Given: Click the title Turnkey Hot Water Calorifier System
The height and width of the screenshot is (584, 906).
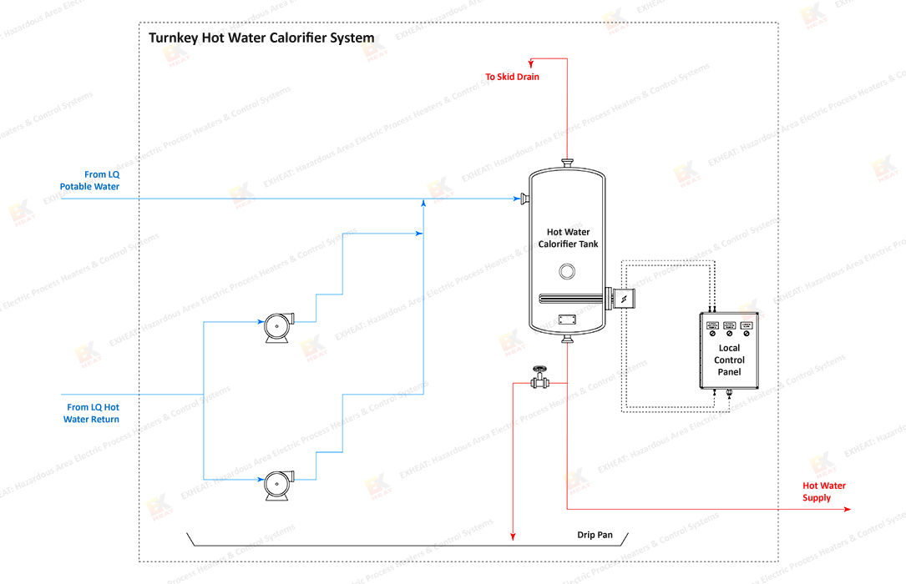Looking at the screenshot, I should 261,38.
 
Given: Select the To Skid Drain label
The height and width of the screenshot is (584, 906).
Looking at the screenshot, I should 512,77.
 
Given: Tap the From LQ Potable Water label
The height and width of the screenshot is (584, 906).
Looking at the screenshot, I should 89,181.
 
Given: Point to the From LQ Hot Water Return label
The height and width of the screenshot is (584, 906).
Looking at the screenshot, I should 92,413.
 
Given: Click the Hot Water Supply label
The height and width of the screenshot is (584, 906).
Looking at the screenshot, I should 824,491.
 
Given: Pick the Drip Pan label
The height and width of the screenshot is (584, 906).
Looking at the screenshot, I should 595,535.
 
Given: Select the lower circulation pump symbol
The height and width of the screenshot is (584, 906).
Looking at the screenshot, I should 278,485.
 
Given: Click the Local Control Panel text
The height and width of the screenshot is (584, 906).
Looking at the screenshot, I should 729,360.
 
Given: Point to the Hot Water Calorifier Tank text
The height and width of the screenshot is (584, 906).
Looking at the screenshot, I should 568,238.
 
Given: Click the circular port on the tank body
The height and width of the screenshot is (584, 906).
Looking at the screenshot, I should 568,270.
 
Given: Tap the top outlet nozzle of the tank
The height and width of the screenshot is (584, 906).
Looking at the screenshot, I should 568,163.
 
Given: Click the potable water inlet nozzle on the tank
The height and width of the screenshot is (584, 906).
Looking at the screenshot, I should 524,199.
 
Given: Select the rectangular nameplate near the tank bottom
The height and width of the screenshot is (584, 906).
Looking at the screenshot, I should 568,319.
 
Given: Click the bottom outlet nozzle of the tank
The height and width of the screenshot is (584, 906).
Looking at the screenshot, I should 568,338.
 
